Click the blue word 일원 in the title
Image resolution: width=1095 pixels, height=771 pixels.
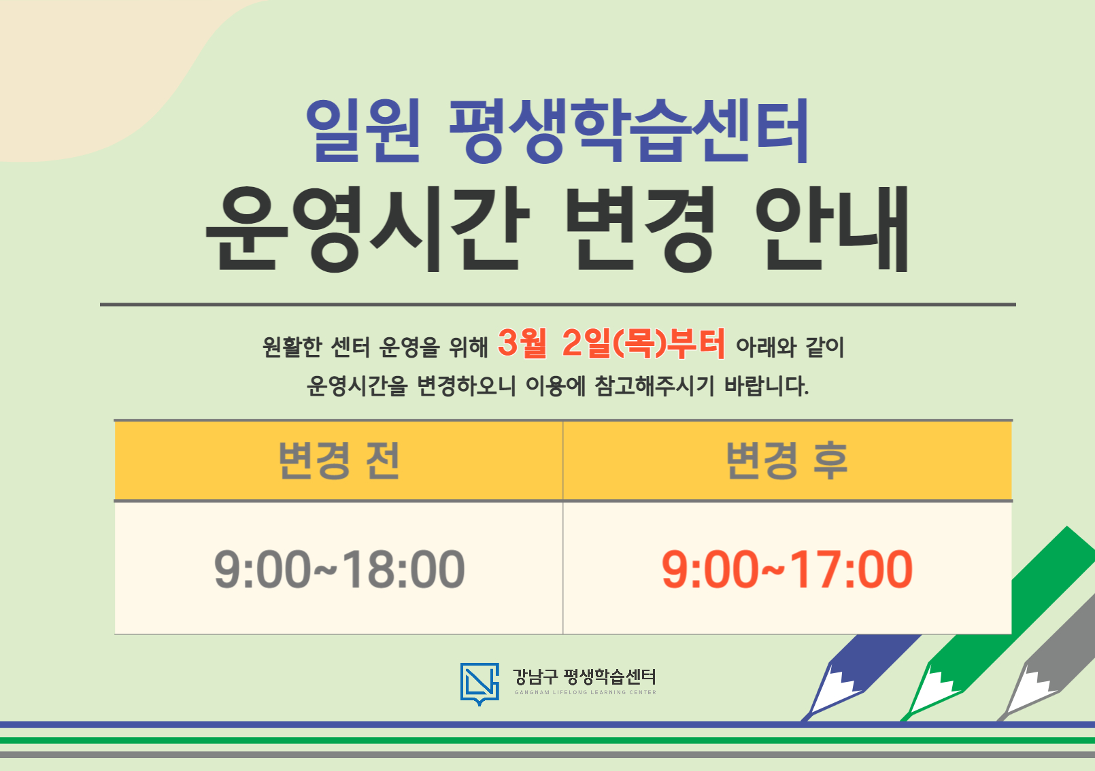pos(363,131)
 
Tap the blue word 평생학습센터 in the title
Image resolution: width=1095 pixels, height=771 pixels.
pos(629,131)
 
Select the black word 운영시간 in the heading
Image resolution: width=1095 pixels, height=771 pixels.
pos(367,229)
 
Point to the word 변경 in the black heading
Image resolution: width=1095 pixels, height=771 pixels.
pos(640,229)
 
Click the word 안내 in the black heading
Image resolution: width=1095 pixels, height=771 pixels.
pos(832,229)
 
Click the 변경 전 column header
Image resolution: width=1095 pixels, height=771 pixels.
pos(339,461)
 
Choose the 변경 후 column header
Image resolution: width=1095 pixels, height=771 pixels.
pos(787,461)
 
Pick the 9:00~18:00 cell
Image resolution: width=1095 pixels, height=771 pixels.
pos(339,569)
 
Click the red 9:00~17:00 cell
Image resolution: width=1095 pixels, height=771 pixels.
pos(787,569)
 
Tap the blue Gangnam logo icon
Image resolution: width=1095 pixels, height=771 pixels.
pos(479,683)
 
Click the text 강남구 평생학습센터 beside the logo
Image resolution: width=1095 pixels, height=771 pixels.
pos(585,676)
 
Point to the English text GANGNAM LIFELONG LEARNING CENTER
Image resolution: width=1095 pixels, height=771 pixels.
pos(585,692)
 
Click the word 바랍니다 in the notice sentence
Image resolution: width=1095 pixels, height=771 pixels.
pos(766,386)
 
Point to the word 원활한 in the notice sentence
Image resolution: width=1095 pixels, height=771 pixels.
pos(292,347)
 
